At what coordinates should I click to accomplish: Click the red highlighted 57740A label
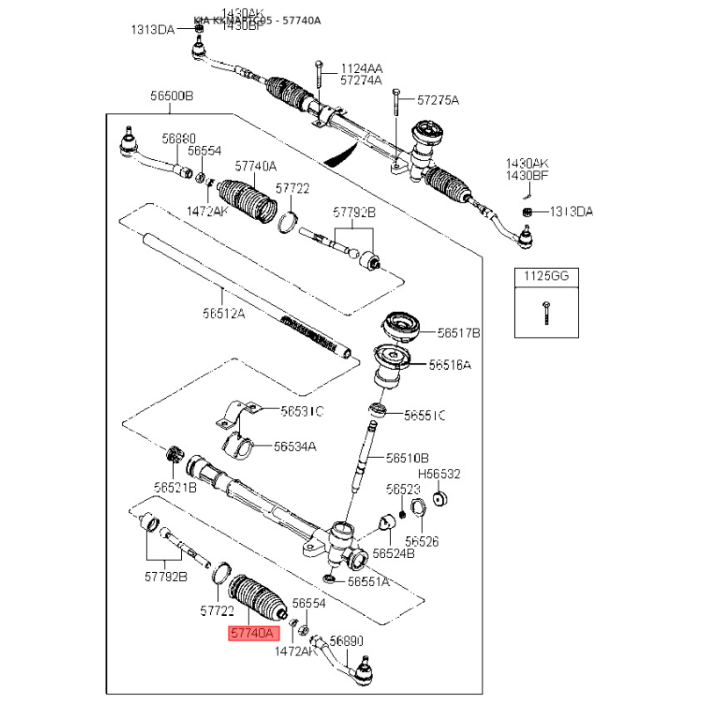tap(253, 632)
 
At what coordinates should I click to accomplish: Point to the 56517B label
tap(460, 333)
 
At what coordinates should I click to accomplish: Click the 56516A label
tap(450, 364)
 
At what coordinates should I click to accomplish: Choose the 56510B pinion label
tap(408, 458)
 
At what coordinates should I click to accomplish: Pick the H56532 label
tap(439, 474)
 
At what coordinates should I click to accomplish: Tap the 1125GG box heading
tap(547, 276)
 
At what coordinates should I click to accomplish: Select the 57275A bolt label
tap(438, 100)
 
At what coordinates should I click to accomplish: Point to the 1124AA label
tap(362, 68)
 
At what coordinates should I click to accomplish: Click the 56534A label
tap(294, 446)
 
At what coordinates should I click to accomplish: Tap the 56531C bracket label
tap(302, 410)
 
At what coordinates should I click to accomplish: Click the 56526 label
tap(422, 541)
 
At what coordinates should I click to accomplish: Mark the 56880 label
tap(178, 139)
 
